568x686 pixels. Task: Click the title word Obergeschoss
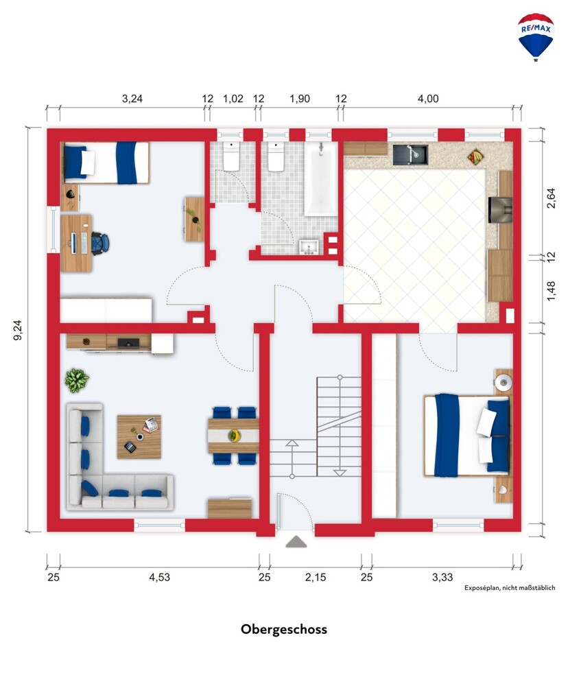[283, 630]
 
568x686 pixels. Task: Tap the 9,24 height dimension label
[18, 330]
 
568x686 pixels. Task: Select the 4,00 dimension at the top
[428, 99]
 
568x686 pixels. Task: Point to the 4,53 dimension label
[159, 578]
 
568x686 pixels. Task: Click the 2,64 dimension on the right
[551, 198]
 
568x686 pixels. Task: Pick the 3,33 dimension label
[442, 578]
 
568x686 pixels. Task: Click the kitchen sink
[410, 154]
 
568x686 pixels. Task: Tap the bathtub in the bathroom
[321, 178]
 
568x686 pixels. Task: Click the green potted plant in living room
[77, 380]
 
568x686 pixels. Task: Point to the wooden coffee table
[139, 436]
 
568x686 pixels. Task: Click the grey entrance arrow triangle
[296, 542]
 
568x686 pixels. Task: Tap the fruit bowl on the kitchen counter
[475, 156]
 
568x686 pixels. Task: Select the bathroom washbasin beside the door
[311, 247]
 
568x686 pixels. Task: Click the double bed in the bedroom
[467, 435]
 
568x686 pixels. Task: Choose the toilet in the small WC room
[231, 156]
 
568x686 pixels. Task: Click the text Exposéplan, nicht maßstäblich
[510, 588]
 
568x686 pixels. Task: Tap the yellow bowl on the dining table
[235, 436]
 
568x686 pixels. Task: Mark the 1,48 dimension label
[551, 291]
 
